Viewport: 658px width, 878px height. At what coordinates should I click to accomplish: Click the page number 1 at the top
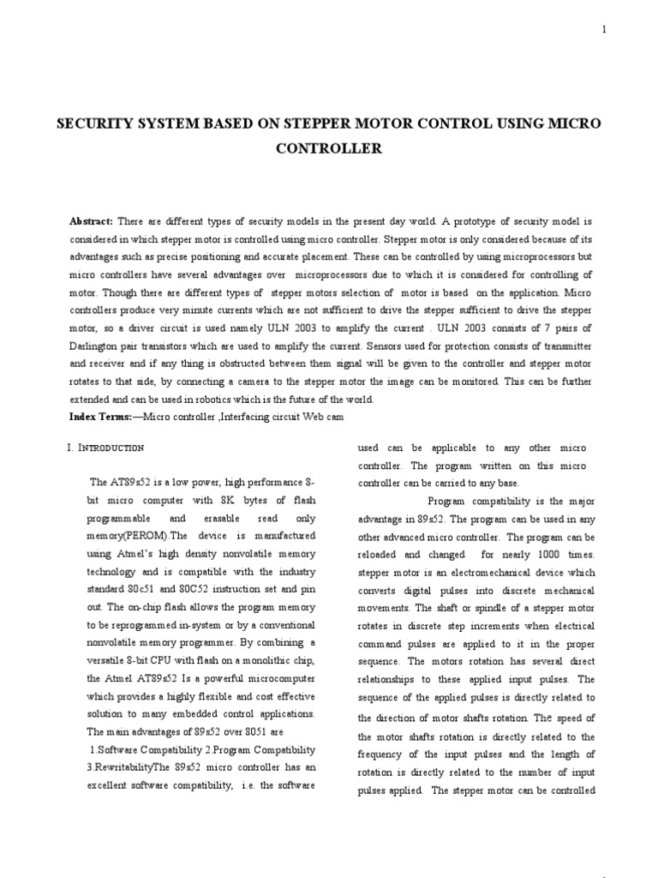coord(604,29)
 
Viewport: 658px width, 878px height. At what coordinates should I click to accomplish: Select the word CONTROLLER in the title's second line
coord(328,147)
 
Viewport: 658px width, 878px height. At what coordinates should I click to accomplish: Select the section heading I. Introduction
coord(105,448)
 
